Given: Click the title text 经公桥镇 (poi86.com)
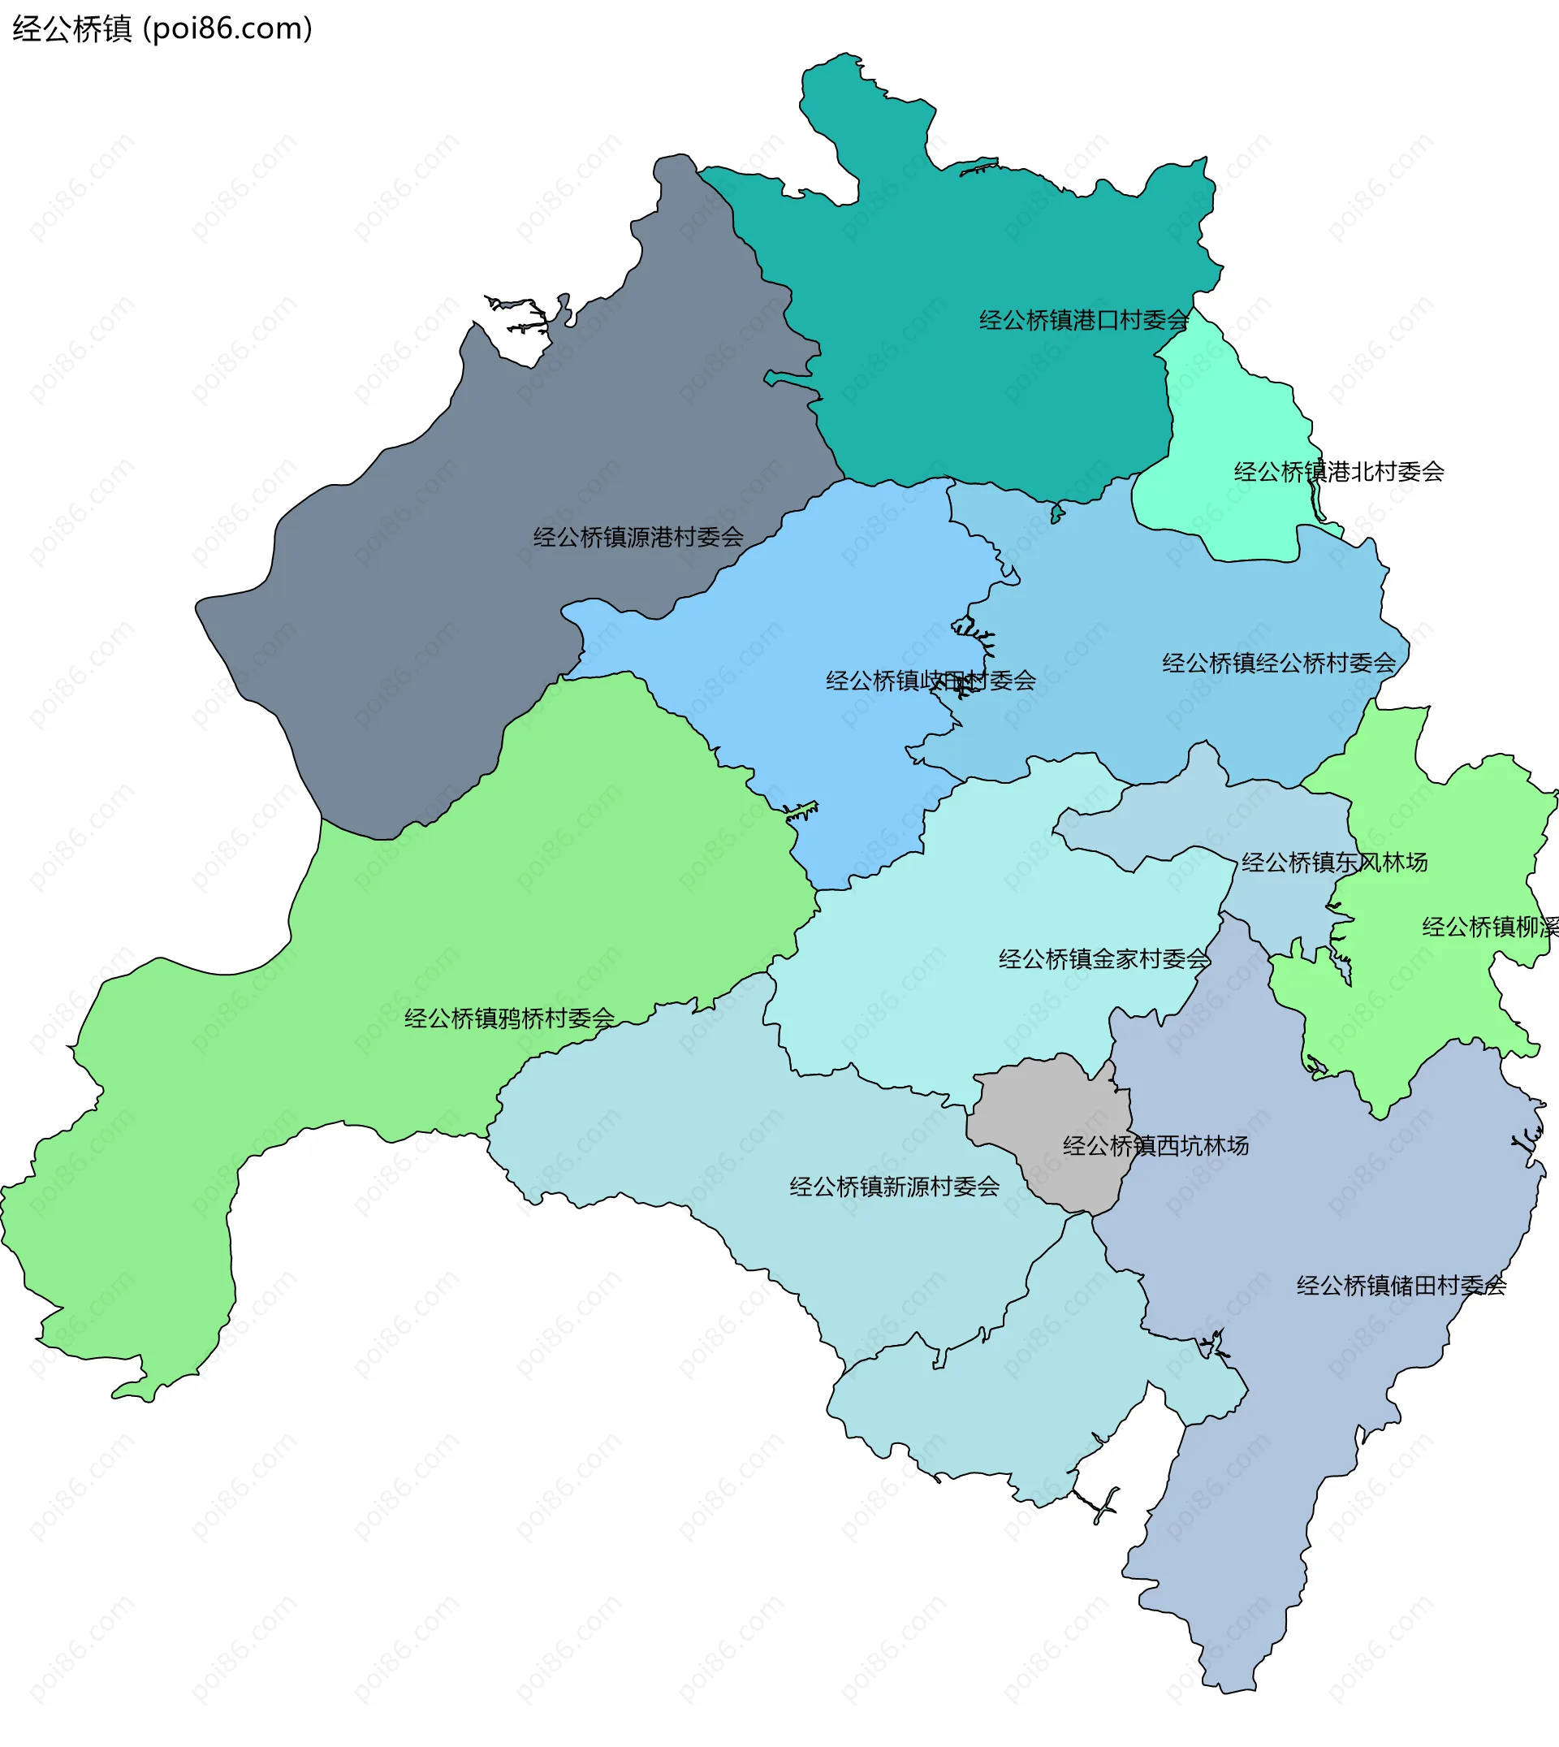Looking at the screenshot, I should (162, 29).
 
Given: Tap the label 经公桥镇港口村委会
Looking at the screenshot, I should (1084, 321).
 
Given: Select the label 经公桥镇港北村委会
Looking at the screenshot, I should (1338, 471).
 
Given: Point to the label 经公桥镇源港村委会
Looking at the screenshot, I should (638, 537).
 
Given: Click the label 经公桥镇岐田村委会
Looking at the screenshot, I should (931, 681).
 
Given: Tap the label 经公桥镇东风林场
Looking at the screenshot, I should (1334, 862).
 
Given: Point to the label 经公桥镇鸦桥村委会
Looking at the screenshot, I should (509, 1018).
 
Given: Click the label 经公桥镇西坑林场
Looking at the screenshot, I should (1155, 1145).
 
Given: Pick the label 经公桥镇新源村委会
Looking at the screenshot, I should (893, 1187).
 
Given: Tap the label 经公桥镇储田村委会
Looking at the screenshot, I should (1401, 1285).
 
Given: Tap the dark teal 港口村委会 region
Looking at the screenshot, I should (985, 257).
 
